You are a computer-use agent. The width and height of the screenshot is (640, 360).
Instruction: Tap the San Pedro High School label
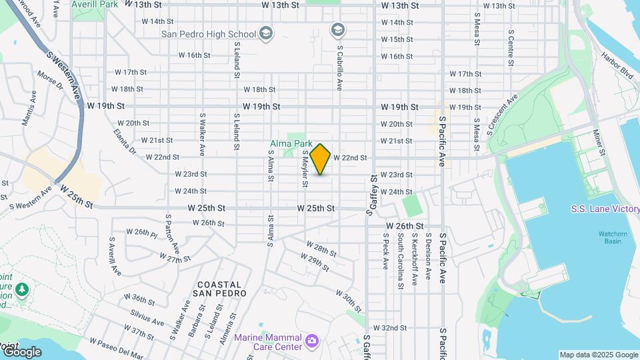pyautogui.click(x=209, y=34)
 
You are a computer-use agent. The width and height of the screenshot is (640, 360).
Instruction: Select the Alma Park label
pyautogui.click(x=291, y=143)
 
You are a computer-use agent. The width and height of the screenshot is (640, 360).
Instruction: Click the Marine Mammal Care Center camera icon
pyautogui.click(x=311, y=342)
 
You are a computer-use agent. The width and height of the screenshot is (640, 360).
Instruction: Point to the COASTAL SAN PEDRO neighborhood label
pyautogui.click(x=219, y=289)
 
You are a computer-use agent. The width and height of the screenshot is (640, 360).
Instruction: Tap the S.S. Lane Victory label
pyautogui.click(x=605, y=209)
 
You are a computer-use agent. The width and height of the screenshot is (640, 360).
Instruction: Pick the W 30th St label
pyautogui.click(x=349, y=301)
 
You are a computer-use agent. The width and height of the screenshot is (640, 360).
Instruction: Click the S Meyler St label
pyautogui.click(x=305, y=168)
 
